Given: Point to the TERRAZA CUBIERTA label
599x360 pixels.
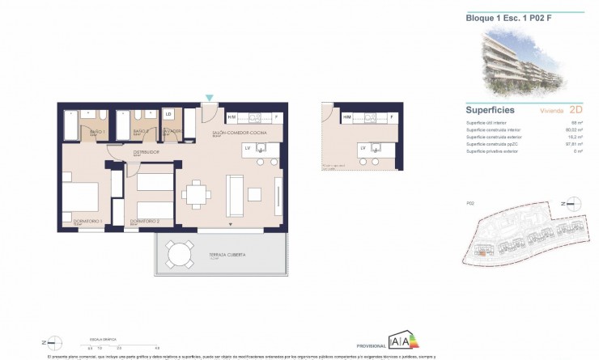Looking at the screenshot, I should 227,255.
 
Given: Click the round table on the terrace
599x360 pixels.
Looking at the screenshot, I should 174,257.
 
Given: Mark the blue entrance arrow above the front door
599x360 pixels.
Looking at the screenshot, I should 209,99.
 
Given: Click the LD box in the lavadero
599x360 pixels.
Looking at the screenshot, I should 169,115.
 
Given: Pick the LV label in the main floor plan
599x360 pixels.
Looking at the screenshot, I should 248,148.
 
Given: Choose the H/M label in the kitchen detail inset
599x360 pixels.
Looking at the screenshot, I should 346,118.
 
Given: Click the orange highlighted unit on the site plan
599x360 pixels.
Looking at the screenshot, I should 481,252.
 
